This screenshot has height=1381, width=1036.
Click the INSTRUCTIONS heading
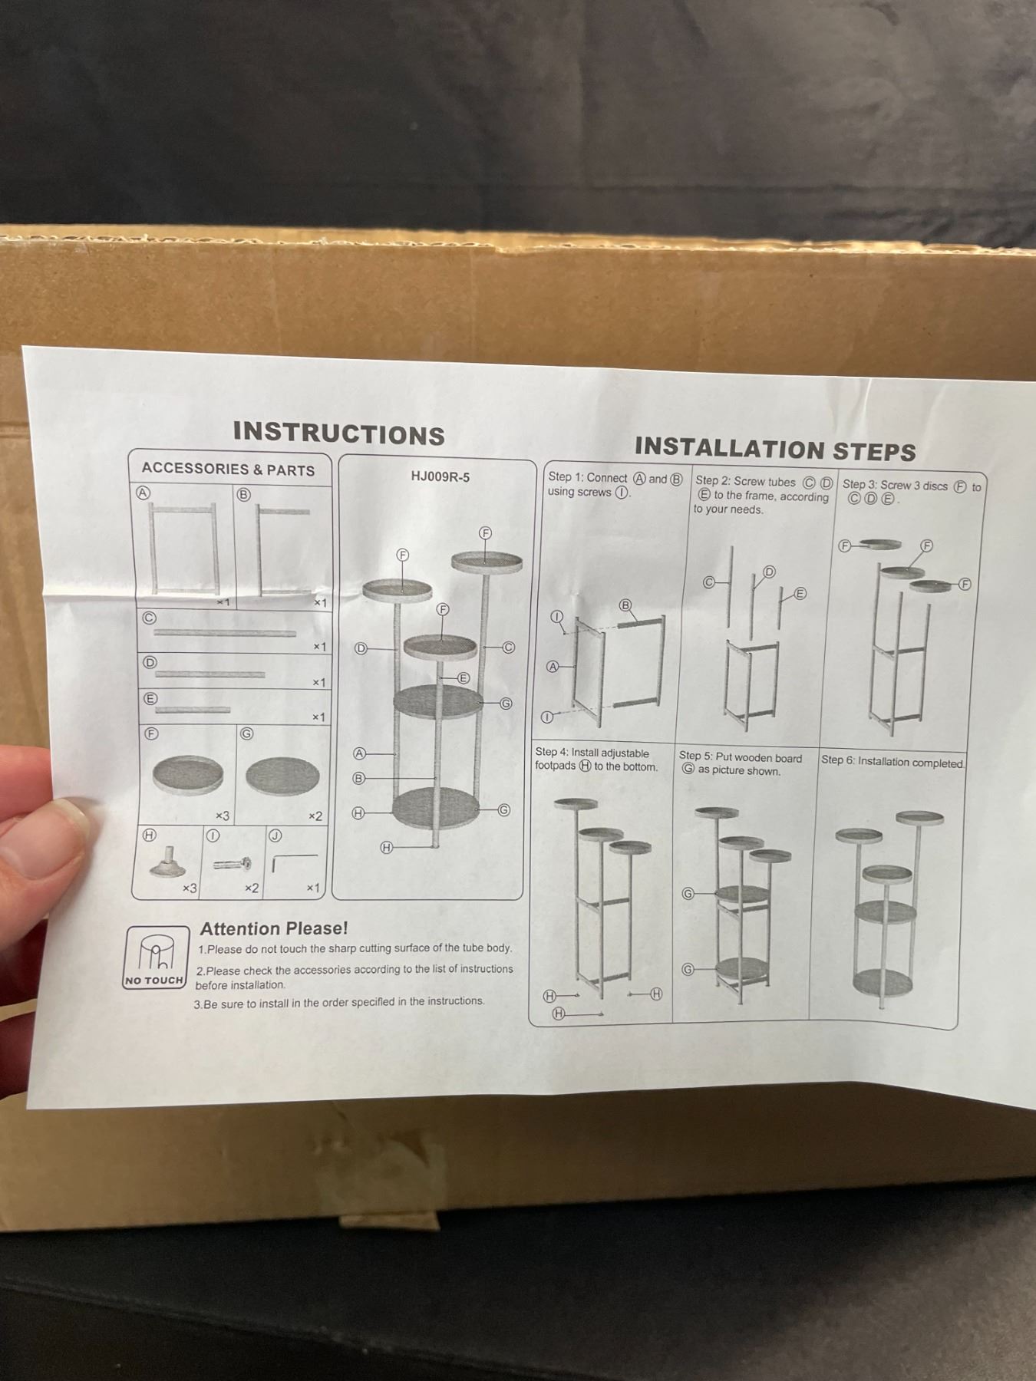[x=339, y=433]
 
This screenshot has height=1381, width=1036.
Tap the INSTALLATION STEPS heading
[x=775, y=449]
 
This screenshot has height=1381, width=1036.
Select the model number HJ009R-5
[x=440, y=476]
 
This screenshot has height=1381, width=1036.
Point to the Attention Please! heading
[x=274, y=928]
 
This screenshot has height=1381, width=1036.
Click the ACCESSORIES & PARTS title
[x=228, y=469]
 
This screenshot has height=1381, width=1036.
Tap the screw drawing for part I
[x=233, y=864]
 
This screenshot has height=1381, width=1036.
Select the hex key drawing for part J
[x=294, y=862]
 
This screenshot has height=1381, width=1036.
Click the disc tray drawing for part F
[x=188, y=774]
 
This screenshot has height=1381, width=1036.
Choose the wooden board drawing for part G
[x=282, y=776]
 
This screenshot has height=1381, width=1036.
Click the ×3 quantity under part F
[x=222, y=816]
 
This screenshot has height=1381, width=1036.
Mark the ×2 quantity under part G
[x=315, y=816]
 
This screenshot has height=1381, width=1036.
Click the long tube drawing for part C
[x=225, y=634]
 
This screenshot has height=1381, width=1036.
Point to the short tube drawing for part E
[x=193, y=710]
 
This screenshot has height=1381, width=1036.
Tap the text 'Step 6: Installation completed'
[x=892, y=762]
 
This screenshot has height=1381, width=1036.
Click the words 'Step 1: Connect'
[x=587, y=477]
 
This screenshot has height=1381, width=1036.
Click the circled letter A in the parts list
[x=143, y=493]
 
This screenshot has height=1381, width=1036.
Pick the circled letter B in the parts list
[x=243, y=496]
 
